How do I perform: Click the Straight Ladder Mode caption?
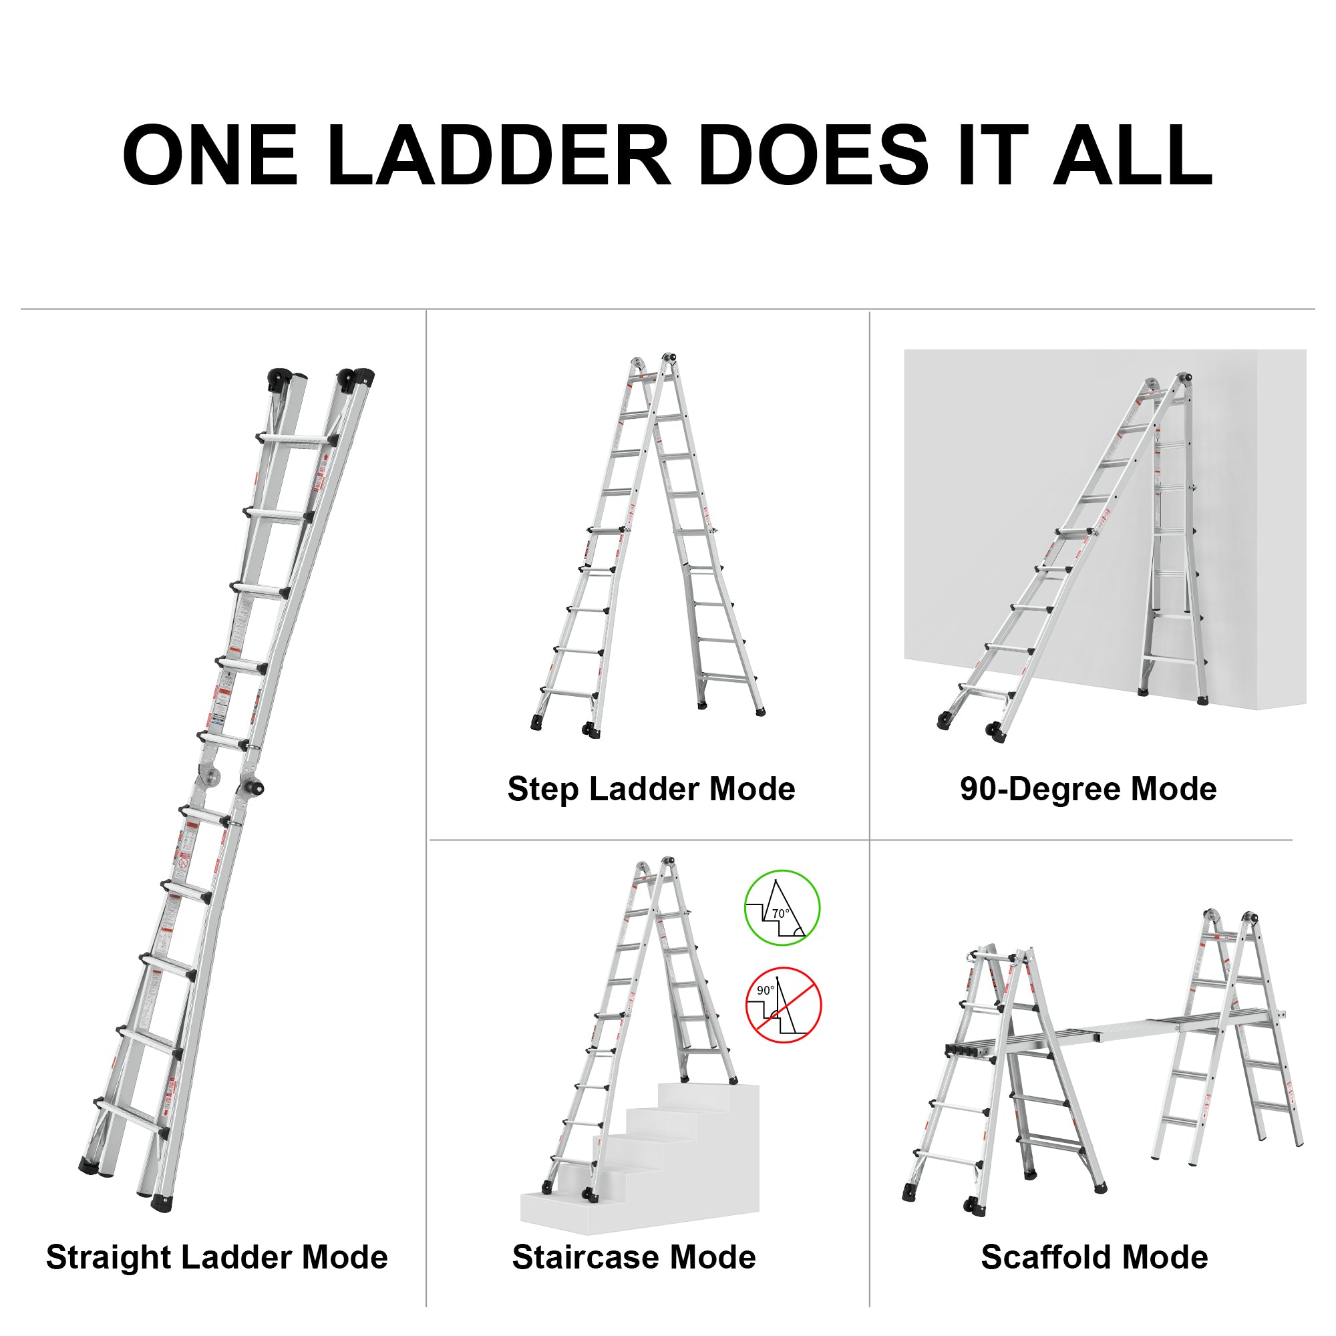[x=216, y=1257]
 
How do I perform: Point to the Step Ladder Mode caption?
[x=651, y=789]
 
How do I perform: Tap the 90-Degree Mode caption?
[x=1088, y=789]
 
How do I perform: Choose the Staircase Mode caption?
[x=633, y=1257]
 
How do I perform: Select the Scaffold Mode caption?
[x=1094, y=1257]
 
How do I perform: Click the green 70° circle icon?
[x=782, y=907]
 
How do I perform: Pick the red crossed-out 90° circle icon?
[x=783, y=1005]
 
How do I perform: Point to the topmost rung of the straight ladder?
[x=297, y=440]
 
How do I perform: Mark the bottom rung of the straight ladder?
[x=132, y=1115]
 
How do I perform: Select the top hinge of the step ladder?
[x=668, y=358]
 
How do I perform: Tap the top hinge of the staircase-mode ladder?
[x=667, y=862]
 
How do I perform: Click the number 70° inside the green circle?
[x=781, y=913]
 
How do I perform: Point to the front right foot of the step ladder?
[x=760, y=711]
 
